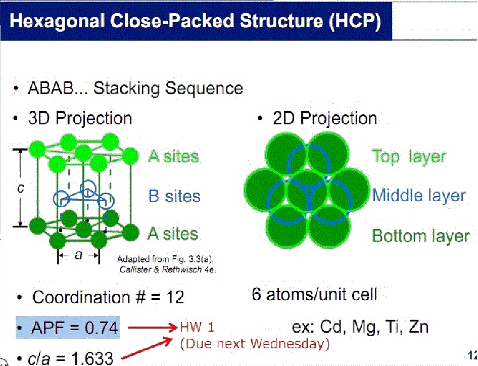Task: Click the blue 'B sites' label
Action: click(x=174, y=196)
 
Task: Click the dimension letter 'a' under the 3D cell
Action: click(x=78, y=255)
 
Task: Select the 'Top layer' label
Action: click(x=409, y=156)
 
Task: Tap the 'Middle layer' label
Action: click(x=419, y=196)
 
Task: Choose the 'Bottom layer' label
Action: click(x=420, y=236)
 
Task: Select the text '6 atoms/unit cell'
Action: click(x=314, y=294)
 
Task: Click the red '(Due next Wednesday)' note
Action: click(x=255, y=344)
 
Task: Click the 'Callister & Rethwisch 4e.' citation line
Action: click(x=167, y=269)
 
